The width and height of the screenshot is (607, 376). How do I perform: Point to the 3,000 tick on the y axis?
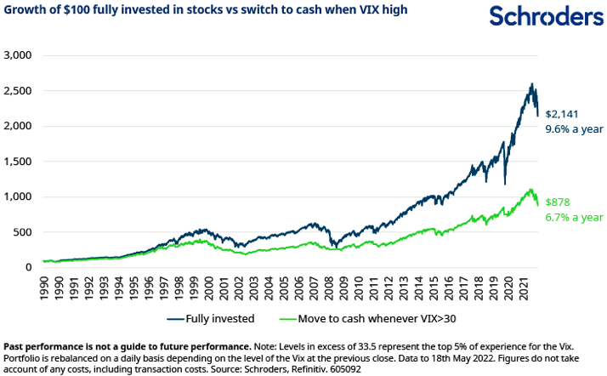17,54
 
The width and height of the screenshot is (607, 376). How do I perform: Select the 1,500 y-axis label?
17,161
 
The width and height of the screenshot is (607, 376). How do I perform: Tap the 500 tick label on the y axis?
21,232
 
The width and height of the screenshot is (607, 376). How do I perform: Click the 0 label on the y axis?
28,267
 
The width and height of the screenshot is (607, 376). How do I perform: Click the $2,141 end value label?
562,113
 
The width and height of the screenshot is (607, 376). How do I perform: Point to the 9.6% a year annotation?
574,129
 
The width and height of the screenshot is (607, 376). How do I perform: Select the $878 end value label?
557,202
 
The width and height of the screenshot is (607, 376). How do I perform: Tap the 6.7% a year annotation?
574,218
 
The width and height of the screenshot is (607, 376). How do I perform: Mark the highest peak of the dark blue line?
531,83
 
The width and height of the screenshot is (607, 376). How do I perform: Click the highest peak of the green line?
530,189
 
